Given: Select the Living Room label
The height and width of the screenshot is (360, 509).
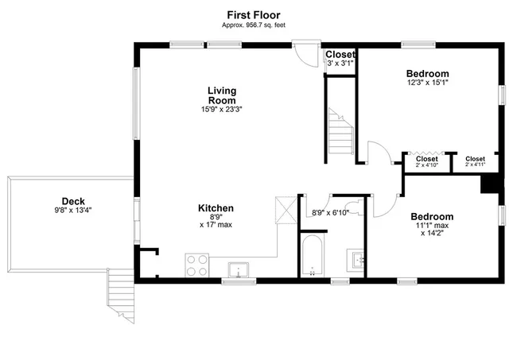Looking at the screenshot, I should click(x=221, y=95).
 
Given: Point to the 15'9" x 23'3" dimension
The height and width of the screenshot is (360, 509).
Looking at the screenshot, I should click(x=221, y=110).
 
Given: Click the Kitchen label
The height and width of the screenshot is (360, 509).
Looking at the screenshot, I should click(x=216, y=208).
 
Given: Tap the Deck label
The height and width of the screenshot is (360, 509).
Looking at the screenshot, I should click(x=73, y=201).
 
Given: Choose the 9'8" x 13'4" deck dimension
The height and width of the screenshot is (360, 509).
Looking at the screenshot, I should click(x=73, y=211).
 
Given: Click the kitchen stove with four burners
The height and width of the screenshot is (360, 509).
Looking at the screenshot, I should click(x=196, y=265).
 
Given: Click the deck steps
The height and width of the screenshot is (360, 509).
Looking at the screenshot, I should click(x=119, y=288).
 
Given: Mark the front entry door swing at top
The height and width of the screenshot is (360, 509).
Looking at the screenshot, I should click(x=303, y=53).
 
